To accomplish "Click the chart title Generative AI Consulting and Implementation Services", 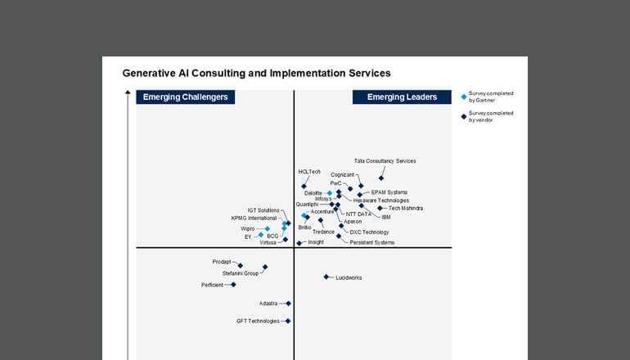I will click(x=256, y=73).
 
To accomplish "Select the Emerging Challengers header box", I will click(x=185, y=97).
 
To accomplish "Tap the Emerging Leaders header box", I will click(x=402, y=97).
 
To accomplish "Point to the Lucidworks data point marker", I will click(x=326, y=277).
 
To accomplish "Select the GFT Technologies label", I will click(x=258, y=321).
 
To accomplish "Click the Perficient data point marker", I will click(x=233, y=285).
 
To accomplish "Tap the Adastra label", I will click(x=269, y=304).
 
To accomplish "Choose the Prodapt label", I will click(x=222, y=262).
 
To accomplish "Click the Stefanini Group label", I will click(x=241, y=273).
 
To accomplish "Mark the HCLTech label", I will click(x=309, y=172).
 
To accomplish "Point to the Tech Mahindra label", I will click(x=406, y=208).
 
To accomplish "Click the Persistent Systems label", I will click(x=371, y=242).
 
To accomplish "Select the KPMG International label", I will click(x=254, y=218).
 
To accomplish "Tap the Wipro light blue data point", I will click(x=267, y=229).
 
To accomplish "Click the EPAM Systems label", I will click(x=389, y=192).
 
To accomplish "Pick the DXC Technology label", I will click(x=369, y=232).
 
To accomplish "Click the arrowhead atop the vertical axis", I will click(x=128, y=93).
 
